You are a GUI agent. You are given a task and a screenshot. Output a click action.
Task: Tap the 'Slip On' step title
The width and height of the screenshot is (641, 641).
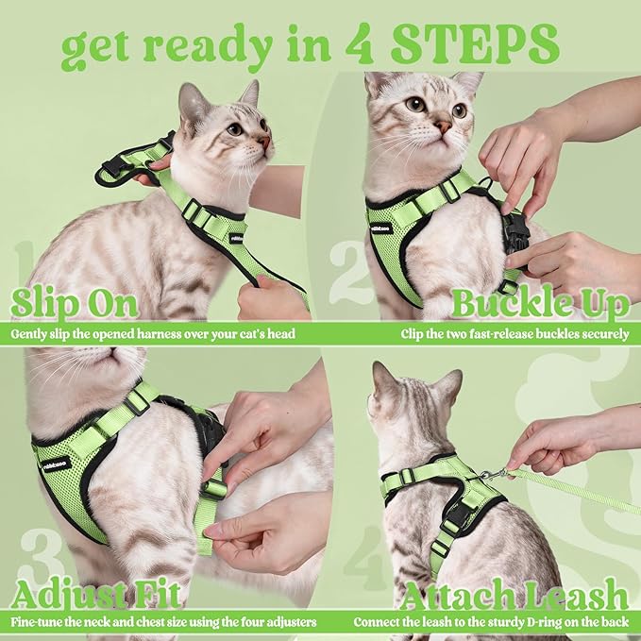click(75, 304)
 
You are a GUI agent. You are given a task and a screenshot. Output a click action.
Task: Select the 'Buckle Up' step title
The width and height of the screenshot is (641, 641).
click(539, 304)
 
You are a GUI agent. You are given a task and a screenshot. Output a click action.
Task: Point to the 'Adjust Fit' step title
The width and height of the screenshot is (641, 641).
click(95, 596)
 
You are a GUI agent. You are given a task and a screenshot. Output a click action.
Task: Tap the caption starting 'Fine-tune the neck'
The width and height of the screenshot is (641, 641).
click(163, 623)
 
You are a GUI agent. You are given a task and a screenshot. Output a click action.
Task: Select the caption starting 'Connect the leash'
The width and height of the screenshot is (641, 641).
click(491, 623)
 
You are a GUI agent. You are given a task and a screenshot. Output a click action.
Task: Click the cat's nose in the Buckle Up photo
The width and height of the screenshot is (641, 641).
click(442, 126)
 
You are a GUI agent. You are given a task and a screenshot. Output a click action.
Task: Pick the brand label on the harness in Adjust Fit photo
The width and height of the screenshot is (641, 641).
click(56, 463)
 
